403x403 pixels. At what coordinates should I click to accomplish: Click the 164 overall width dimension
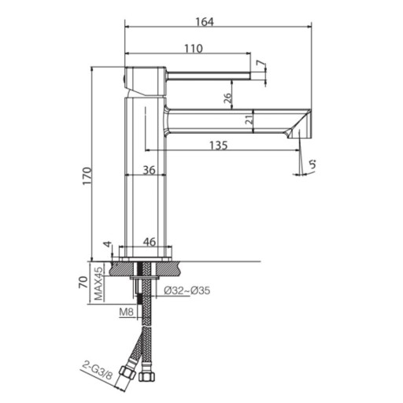205,22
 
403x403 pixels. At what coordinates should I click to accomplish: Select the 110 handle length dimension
194,49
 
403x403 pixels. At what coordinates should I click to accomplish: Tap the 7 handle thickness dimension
261,63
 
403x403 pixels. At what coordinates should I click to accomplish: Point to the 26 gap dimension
228,98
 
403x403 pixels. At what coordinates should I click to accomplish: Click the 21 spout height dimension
250,120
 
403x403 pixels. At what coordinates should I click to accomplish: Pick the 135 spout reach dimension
219,145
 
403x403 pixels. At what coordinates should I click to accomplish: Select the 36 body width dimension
149,170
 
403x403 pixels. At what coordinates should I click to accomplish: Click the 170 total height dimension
87,176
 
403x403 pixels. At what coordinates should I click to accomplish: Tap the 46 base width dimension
150,242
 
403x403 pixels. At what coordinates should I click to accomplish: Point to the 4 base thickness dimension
108,244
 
